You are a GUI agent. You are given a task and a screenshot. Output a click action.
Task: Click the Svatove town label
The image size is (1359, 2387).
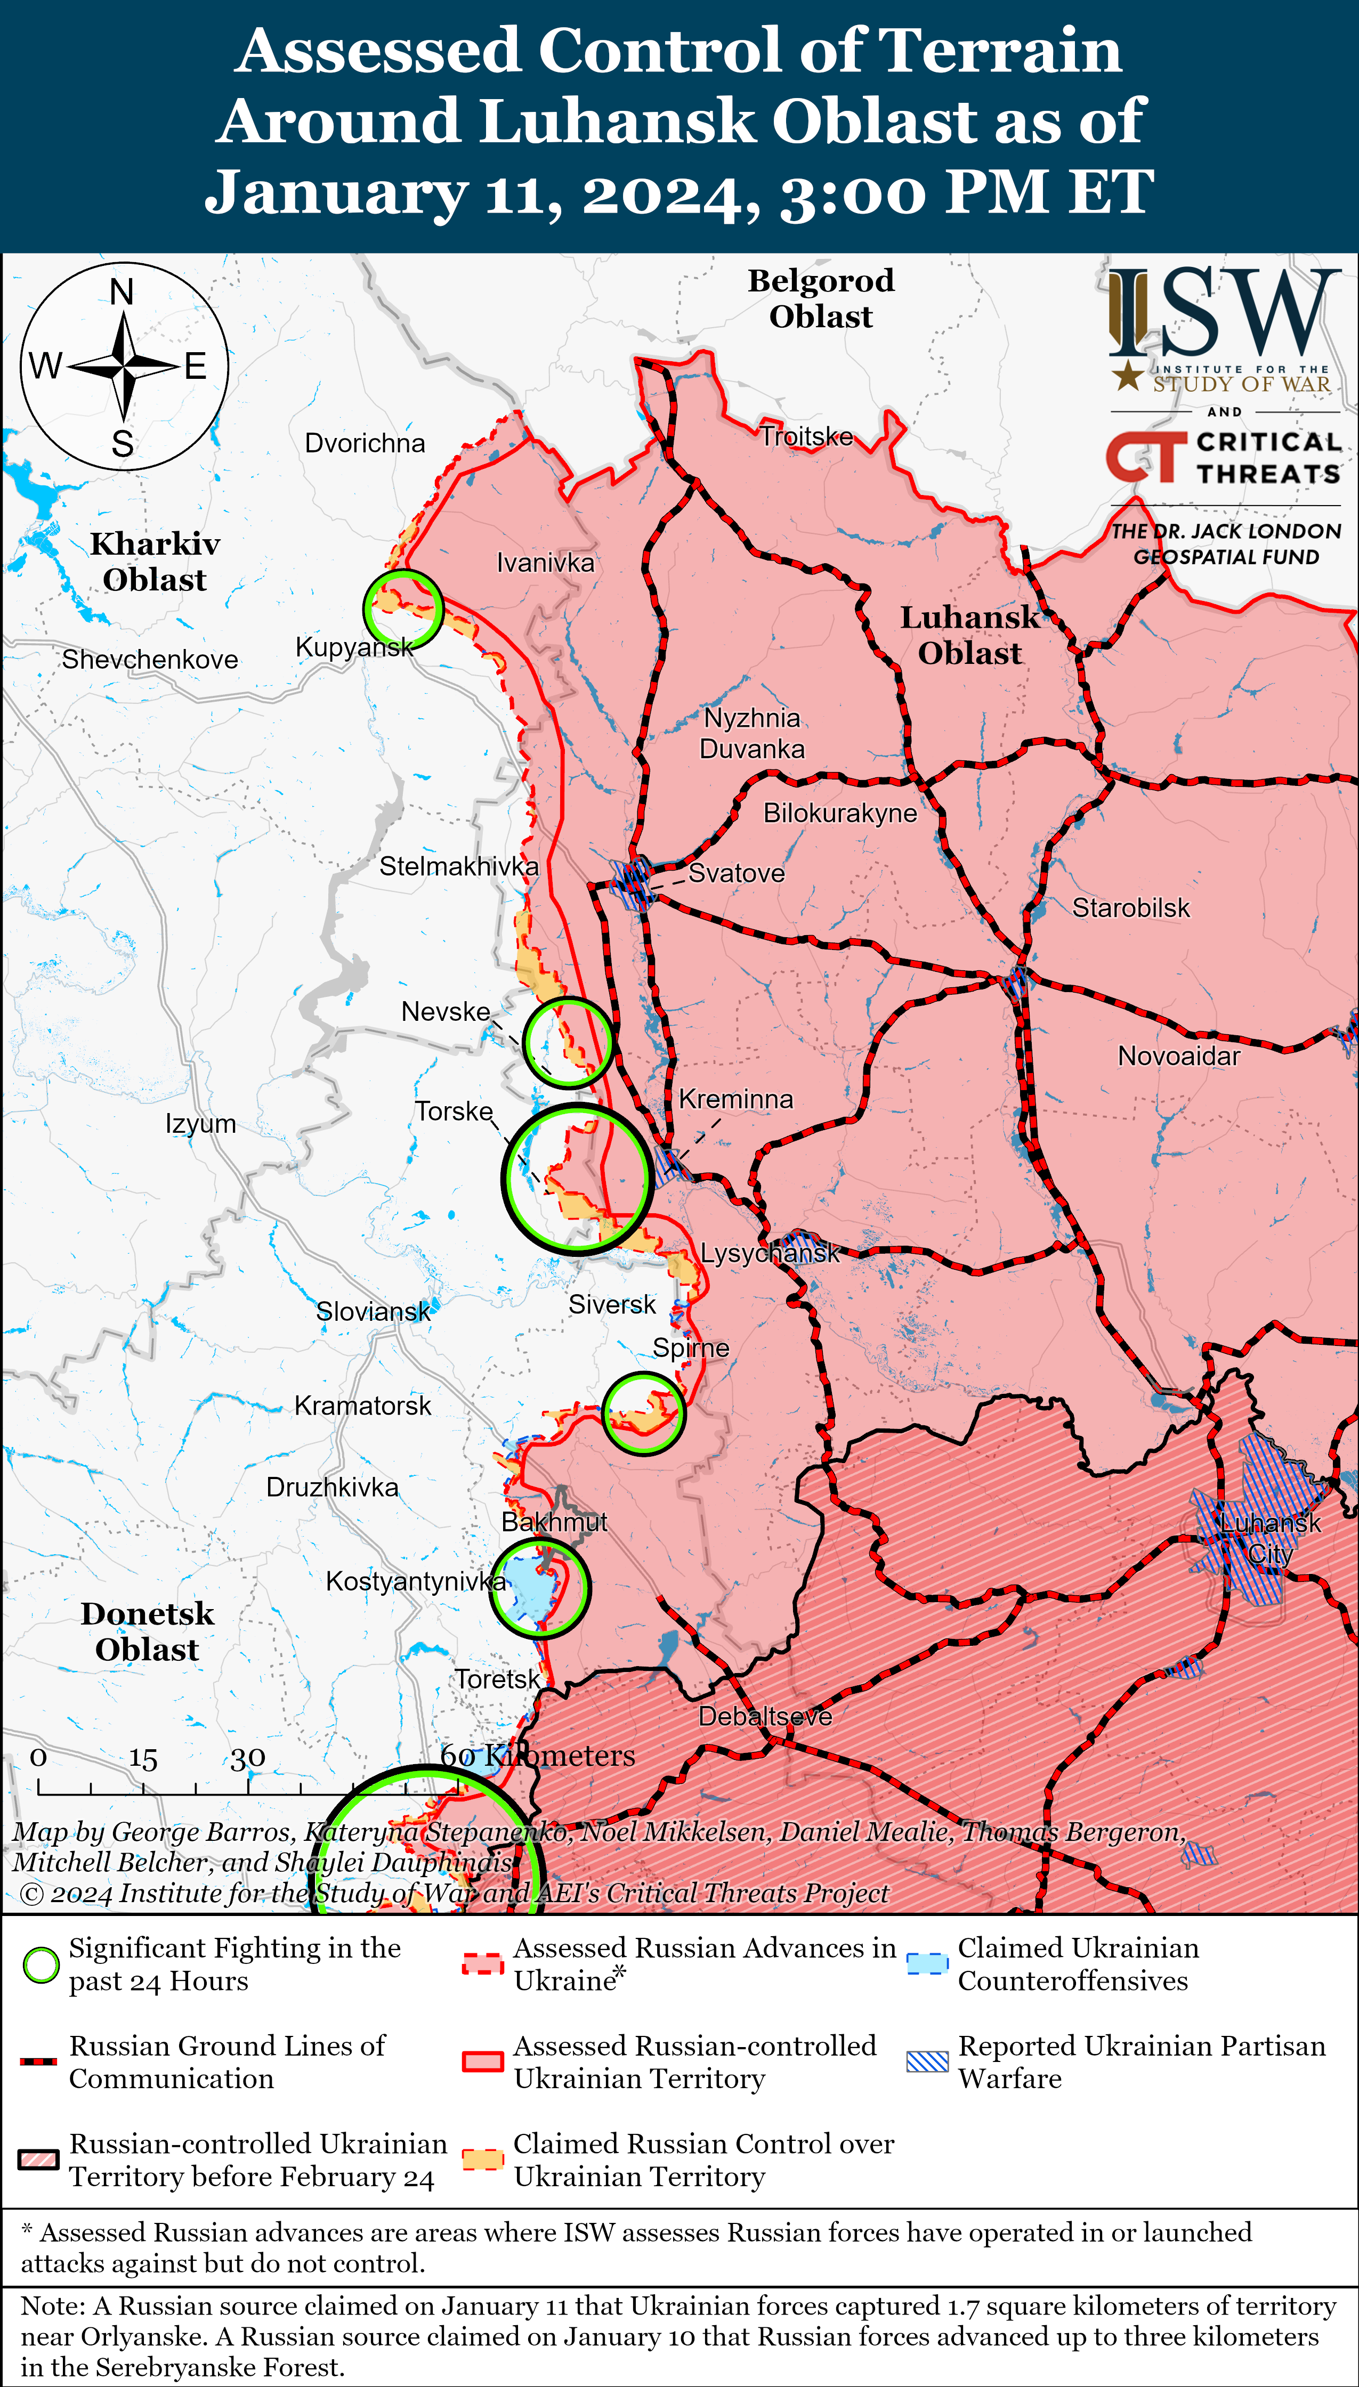737,873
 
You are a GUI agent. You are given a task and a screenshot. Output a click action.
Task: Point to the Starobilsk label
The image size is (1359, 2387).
1130,908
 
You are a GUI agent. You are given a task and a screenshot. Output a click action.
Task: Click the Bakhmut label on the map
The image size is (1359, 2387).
554,1522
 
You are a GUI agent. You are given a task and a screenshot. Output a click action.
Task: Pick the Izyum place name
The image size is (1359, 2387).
201,1124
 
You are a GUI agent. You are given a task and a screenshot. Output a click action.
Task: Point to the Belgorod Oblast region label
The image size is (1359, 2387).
820,298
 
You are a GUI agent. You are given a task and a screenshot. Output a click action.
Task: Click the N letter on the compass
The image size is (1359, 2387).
122,292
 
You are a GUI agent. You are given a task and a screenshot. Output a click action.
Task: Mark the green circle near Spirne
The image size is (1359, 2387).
643,1413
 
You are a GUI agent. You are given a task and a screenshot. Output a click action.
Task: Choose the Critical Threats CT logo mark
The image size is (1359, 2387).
1144,457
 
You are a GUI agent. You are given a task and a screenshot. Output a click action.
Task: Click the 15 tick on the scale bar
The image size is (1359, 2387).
143,1758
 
